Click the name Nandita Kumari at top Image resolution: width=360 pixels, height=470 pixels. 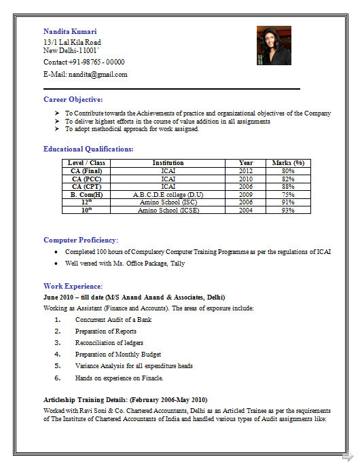(x=70, y=32)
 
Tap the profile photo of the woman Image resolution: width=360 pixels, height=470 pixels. (x=273, y=46)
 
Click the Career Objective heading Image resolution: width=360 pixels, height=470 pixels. (x=73, y=99)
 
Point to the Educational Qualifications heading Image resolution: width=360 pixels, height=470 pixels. (x=88, y=149)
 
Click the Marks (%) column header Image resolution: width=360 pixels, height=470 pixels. (x=288, y=163)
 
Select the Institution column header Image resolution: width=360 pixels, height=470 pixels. (x=168, y=163)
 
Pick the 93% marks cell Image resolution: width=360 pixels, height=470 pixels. (x=288, y=211)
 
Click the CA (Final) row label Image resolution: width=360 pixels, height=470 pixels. (x=87, y=171)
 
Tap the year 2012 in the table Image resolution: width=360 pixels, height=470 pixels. (x=246, y=171)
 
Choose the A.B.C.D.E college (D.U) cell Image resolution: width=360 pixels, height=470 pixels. (x=168, y=195)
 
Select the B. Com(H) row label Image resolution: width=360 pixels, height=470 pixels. (x=87, y=195)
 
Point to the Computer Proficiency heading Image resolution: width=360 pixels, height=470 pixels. (x=81, y=240)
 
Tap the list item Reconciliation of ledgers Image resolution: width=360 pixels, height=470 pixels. (x=109, y=343)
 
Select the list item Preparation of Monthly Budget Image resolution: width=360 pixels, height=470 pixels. (x=118, y=355)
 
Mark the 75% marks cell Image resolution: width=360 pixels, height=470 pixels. (x=288, y=195)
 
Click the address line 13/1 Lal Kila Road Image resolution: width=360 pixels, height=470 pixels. (x=72, y=42)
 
